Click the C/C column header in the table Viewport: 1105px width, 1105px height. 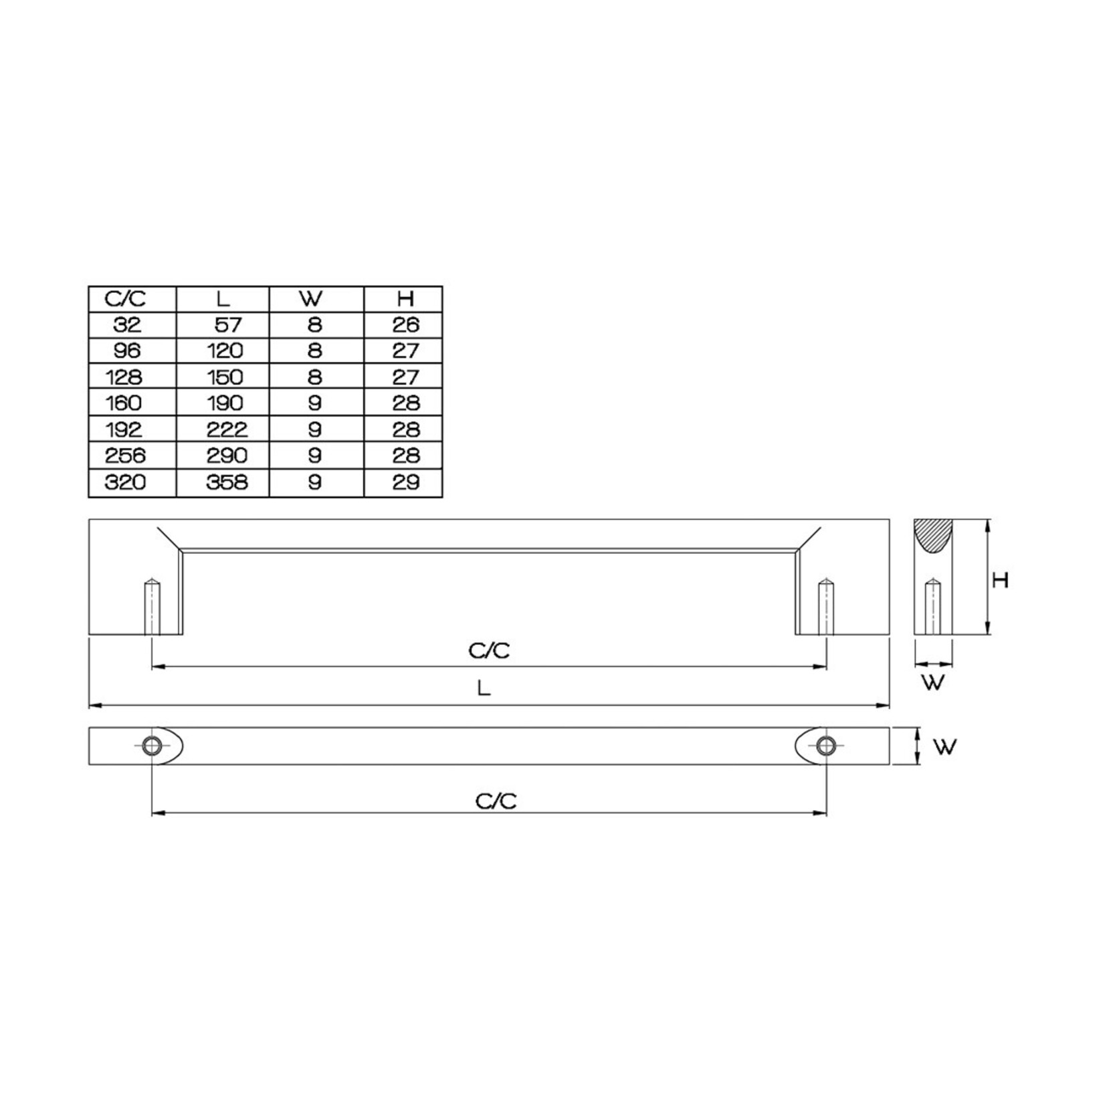tap(125, 298)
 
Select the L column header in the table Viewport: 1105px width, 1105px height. tap(223, 298)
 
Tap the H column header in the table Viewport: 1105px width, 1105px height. tap(405, 298)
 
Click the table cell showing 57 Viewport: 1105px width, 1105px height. tap(227, 325)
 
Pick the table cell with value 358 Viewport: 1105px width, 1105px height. tap(227, 482)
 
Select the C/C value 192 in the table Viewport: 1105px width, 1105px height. tap(124, 429)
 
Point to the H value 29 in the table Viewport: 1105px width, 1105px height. tap(405, 482)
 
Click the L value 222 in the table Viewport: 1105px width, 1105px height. tap(227, 429)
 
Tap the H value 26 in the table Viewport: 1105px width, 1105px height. tap(405, 325)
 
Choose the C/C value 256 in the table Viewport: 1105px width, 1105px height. tap(125, 456)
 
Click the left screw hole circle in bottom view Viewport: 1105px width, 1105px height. tap(153, 746)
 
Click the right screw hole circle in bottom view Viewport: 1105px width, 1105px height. tap(826, 746)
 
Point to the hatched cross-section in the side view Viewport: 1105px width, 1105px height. tap(932, 536)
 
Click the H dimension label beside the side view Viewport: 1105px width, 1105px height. tap(999, 580)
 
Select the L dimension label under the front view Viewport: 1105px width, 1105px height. tap(484, 688)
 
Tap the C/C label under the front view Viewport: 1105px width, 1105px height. tap(489, 650)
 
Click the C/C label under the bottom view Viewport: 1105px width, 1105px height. tap(496, 801)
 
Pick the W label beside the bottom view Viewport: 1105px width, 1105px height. tap(944, 746)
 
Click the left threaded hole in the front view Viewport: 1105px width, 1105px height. tap(153, 607)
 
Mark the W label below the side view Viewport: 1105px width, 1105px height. tap(932, 682)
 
